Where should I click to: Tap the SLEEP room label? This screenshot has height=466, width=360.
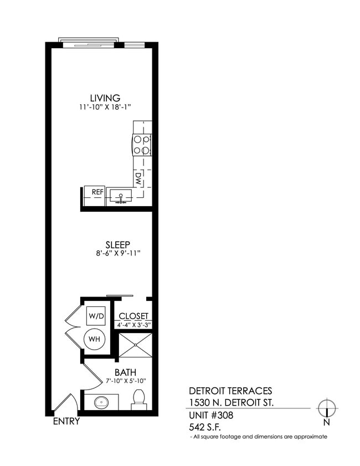[x=117, y=244]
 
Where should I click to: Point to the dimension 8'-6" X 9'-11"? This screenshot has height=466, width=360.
[x=117, y=253]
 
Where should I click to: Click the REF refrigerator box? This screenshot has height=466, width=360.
[x=97, y=192]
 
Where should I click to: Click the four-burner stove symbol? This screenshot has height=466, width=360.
[x=142, y=144]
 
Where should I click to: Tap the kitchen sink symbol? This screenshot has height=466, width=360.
[x=120, y=196]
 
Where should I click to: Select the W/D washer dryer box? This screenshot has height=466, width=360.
[x=96, y=316]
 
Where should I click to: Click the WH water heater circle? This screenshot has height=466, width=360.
[x=96, y=339]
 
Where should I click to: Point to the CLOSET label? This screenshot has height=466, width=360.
[x=133, y=316]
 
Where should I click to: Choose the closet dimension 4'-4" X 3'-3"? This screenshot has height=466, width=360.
[x=133, y=324]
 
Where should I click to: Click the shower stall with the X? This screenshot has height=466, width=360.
[x=135, y=345]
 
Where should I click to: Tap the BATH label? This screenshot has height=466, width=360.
[x=125, y=372]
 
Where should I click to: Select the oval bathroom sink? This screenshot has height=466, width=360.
[x=102, y=402]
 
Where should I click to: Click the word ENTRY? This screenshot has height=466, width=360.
[x=66, y=421]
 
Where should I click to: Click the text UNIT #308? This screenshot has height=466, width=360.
[x=210, y=414]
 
